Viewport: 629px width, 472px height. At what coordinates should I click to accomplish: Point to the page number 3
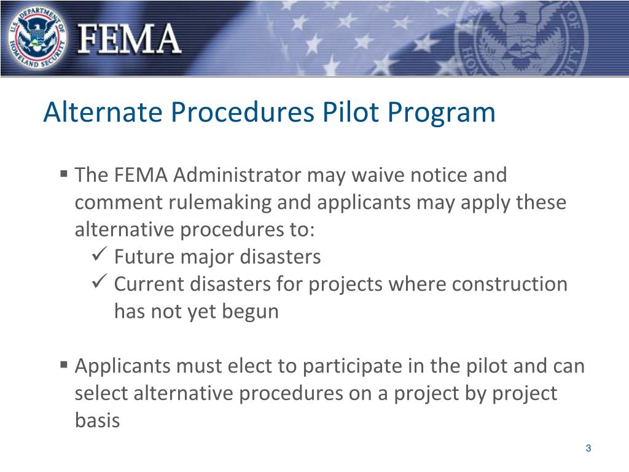point(588,448)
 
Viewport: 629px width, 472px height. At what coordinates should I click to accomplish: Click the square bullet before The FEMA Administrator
point(64,175)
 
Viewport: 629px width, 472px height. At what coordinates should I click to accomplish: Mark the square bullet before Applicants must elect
point(64,365)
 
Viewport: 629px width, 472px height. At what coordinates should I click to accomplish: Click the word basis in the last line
point(97,421)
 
